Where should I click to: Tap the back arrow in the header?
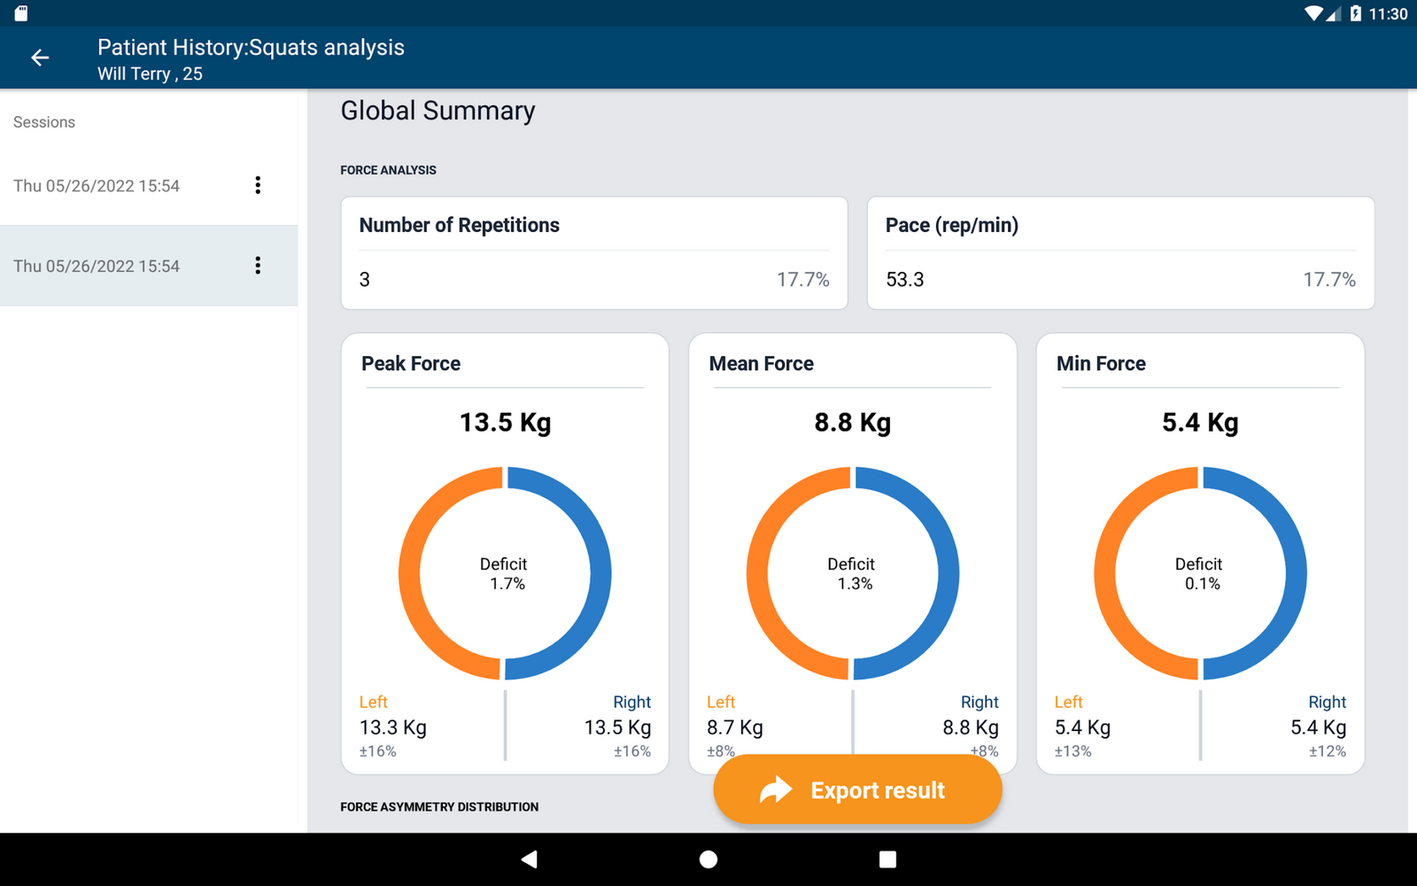click(x=40, y=58)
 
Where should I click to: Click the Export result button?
click(x=856, y=789)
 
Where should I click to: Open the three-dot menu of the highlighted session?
click(x=258, y=266)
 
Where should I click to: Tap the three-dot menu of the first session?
click(x=258, y=185)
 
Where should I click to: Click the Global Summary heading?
click(x=437, y=111)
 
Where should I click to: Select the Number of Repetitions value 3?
click(x=365, y=280)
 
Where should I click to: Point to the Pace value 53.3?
click(x=904, y=280)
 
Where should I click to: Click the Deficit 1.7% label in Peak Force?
click(x=504, y=574)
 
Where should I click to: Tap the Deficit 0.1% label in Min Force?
click(x=1199, y=574)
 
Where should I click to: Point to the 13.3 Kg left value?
click(x=392, y=727)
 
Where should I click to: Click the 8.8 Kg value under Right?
click(x=970, y=727)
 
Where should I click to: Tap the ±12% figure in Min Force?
click(x=1327, y=751)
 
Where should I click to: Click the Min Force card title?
click(x=1101, y=363)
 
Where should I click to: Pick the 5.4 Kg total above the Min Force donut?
click(x=1199, y=423)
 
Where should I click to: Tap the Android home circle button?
click(x=708, y=859)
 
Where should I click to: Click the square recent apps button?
click(x=887, y=859)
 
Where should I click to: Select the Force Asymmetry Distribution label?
click(x=439, y=807)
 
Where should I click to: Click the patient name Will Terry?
click(x=134, y=74)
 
